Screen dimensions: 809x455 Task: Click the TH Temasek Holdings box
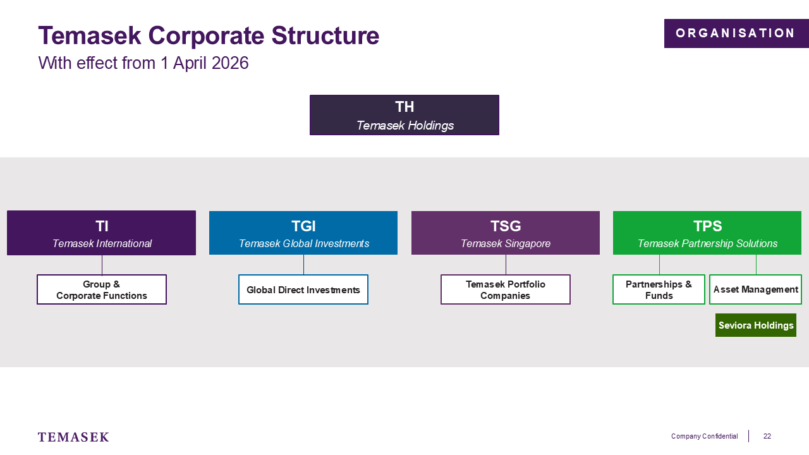click(404, 115)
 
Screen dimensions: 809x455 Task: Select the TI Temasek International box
click(102, 233)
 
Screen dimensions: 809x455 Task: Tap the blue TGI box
click(303, 233)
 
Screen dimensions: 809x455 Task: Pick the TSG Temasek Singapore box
click(506, 233)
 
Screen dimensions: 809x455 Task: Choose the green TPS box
click(707, 233)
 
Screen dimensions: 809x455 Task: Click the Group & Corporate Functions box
click(102, 289)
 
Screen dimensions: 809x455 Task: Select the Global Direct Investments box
click(303, 289)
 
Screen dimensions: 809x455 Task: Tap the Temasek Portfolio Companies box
click(506, 289)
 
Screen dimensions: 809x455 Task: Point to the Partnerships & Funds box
click(659, 289)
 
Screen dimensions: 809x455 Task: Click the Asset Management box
click(755, 289)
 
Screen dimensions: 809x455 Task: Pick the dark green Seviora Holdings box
click(756, 325)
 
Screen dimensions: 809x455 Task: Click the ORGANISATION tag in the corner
click(736, 33)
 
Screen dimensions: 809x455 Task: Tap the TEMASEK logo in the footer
click(73, 437)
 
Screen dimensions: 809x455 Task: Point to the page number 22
click(767, 436)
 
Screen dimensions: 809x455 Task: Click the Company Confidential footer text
click(704, 436)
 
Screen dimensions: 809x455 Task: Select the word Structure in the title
click(325, 35)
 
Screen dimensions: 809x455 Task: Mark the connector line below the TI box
click(102, 265)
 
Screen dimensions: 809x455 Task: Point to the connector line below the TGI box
click(303, 265)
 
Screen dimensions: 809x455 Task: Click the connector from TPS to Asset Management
click(756, 265)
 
